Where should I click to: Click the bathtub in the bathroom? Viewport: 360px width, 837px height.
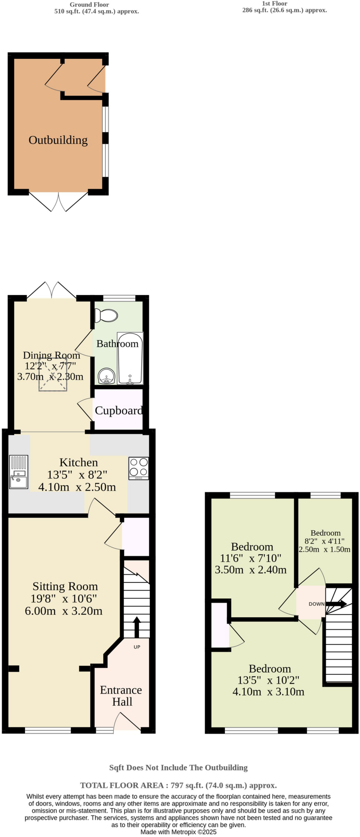click(x=130, y=358)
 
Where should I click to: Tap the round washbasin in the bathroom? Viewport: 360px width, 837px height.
click(x=106, y=376)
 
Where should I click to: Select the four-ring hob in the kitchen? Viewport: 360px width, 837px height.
click(x=139, y=468)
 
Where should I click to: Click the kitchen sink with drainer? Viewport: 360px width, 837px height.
click(x=19, y=472)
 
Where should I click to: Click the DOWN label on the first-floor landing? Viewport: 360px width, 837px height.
click(x=316, y=604)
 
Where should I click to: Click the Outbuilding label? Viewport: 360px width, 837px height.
click(x=58, y=140)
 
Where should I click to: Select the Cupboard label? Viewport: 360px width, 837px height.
click(x=119, y=410)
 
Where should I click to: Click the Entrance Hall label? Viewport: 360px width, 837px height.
click(x=121, y=696)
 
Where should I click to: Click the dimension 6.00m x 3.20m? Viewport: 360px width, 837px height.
click(x=64, y=611)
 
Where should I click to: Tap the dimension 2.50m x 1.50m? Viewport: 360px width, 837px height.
click(x=324, y=549)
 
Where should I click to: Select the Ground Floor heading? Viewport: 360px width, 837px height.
click(x=89, y=4)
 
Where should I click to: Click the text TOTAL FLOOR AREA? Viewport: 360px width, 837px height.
click(x=121, y=785)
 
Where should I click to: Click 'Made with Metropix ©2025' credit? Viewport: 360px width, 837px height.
click(x=178, y=832)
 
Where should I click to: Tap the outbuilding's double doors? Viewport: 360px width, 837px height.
click(x=58, y=201)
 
